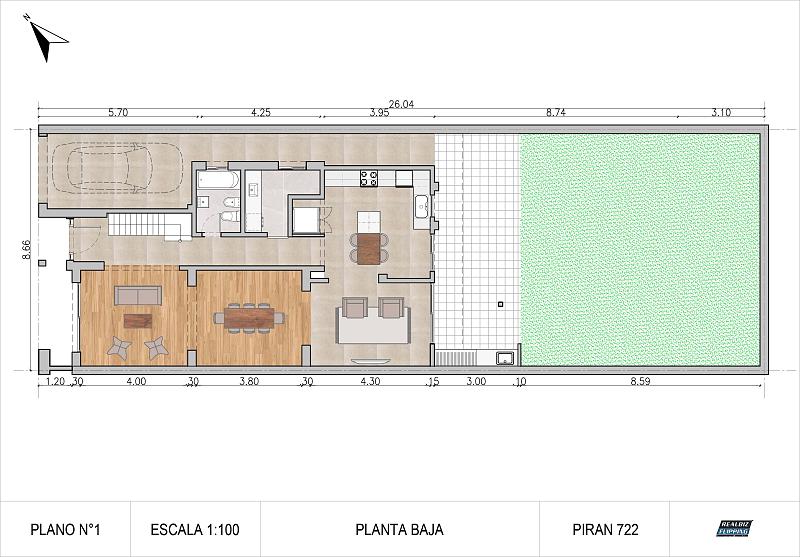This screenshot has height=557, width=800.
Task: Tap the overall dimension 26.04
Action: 402,103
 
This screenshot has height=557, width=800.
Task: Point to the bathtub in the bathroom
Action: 217,180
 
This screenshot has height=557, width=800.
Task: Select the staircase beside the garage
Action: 141,224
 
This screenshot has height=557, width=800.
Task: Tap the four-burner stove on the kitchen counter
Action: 368,179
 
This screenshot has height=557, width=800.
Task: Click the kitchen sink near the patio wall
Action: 421,207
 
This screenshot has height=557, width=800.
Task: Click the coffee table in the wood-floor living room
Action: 138,321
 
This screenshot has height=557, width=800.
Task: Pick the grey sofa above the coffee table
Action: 137,295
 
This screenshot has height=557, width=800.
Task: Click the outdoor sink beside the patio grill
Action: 504,357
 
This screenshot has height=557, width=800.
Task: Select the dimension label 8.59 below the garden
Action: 637,381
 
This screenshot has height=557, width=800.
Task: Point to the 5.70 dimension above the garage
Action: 118,113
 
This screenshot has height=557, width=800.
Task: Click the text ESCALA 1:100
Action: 194,530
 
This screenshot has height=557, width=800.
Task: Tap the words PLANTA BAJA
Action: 399,530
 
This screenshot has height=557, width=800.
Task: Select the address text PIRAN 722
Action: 605,530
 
